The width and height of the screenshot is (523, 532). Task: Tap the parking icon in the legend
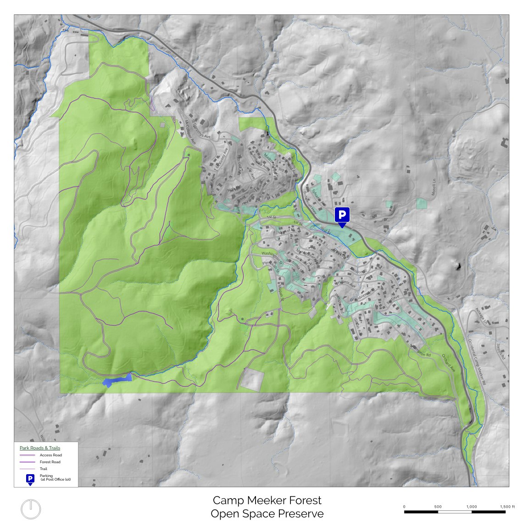[x=30, y=479]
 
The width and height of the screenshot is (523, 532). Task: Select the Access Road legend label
[x=50, y=455]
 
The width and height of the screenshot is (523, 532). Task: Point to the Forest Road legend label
[x=50, y=462]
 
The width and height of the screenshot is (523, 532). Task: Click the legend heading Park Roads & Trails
[x=40, y=448]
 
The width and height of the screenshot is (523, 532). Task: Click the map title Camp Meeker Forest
[x=267, y=500]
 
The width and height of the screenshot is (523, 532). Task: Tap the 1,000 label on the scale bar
[x=471, y=506]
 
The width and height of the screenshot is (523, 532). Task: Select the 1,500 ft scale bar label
[x=507, y=506]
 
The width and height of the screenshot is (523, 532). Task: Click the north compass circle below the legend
[x=31, y=510]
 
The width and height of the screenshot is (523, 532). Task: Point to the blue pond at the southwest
[x=117, y=380]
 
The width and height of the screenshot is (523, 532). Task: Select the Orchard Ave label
[x=449, y=362]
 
